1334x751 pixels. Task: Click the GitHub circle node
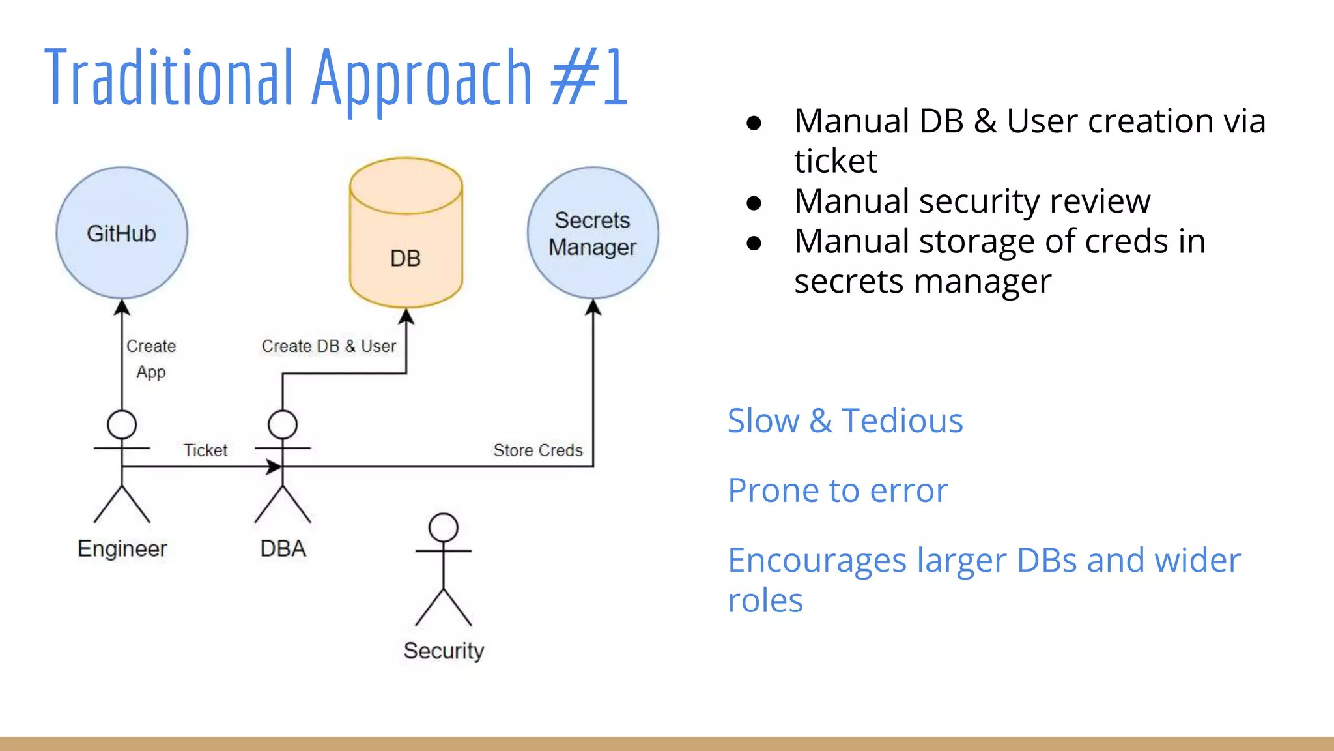click(122, 233)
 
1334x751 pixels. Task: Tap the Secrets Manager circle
click(593, 233)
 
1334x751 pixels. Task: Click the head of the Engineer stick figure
click(122, 424)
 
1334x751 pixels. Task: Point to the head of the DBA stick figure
click(283, 424)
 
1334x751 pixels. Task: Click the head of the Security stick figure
click(444, 527)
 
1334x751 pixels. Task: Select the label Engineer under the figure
click(122, 548)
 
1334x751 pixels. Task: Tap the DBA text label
click(283, 548)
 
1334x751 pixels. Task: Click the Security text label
click(444, 651)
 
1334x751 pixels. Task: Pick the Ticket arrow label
click(205, 450)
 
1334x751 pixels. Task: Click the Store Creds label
click(538, 450)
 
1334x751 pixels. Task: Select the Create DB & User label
click(329, 346)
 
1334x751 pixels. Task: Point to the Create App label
click(151, 359)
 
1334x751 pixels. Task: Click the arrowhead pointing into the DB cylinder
click(406, 316)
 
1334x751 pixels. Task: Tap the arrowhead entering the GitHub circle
click(122, 306)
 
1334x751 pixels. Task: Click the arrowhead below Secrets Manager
click(593, 306)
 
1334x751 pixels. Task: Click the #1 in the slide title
click(589, 78)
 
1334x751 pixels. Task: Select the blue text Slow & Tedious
click(845, 420)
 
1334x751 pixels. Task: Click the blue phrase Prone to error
click(838, 490)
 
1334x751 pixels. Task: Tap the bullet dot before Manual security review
click(754, 203)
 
